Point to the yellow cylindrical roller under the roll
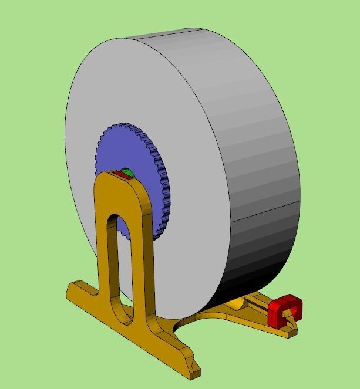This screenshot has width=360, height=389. pyautogui.click(x=235, y=304)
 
